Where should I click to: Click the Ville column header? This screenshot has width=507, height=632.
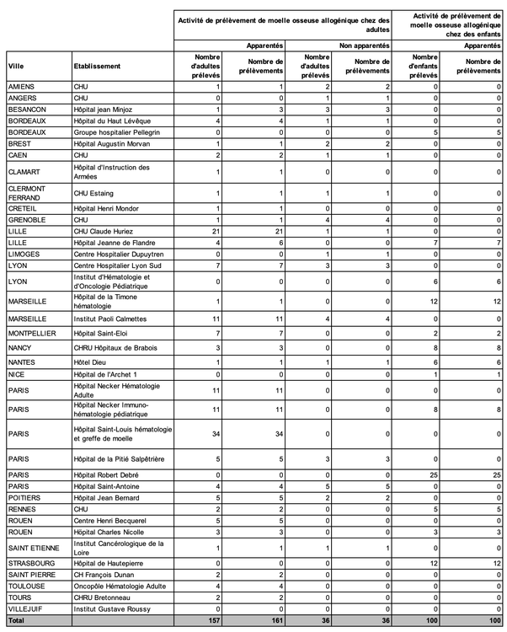[x=16, y=66]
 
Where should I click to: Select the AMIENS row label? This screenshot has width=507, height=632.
[x=21, y=87]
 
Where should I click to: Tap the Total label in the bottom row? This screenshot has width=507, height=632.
[x=18, y=619]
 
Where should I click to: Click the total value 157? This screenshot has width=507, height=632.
[x=214, y=619]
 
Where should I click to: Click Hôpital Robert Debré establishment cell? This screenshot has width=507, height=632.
[x=109, y=474]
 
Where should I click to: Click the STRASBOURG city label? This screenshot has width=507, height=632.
[x=31, y=562]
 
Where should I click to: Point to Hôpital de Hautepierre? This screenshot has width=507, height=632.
[x=112, y=562]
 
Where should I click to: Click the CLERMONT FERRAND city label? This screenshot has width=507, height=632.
[x=29, y=193]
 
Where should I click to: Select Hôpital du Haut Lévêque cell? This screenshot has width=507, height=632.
[x=114, y=121]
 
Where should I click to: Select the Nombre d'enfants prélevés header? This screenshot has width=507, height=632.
[x=426, y=66]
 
